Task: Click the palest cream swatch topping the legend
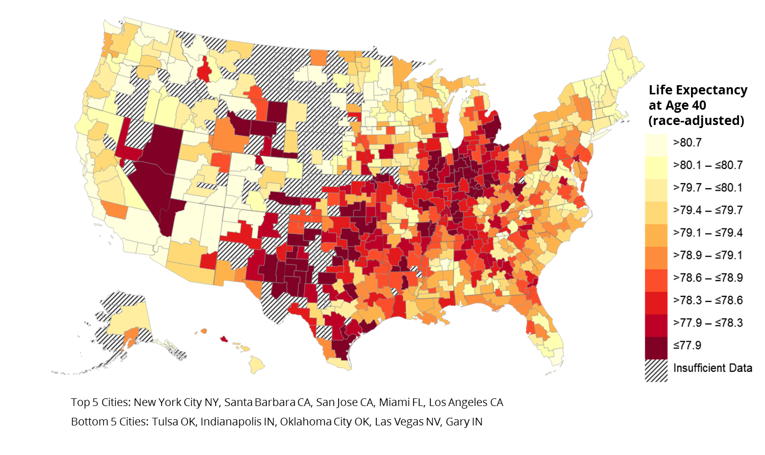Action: [x=656, y=145]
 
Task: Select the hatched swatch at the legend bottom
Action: [x=656, y=371]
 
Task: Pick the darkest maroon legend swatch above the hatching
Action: [x=656, y=348]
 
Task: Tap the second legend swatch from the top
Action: [x=656, y=168]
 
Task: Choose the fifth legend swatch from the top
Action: [x=656, y=236]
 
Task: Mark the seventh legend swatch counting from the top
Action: [x=656, y=281]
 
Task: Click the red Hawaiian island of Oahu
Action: [x=224, y=338]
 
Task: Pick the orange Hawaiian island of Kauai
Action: [x=204, y=331]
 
